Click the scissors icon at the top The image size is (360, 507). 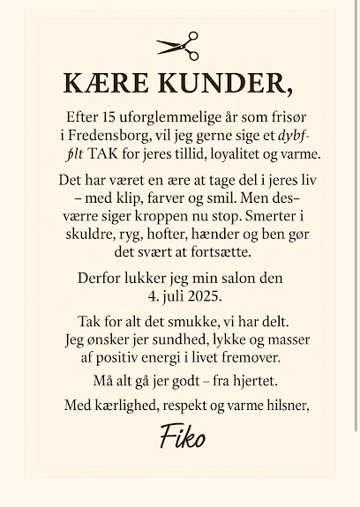pos(177,45)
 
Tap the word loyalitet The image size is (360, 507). pos(242,153)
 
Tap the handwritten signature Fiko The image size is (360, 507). pos(182,436)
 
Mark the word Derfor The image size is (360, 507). pos(101,279)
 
